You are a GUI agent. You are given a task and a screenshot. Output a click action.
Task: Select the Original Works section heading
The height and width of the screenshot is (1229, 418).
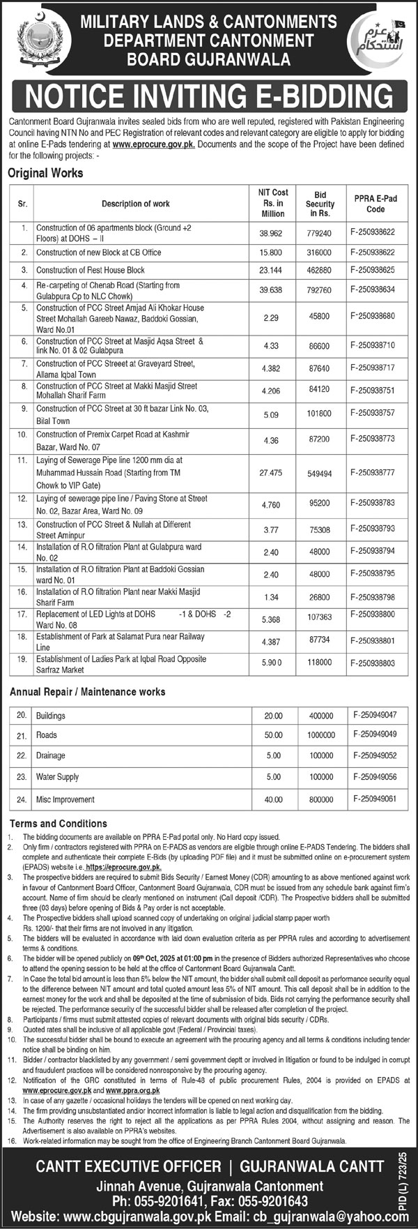tap(45, 173)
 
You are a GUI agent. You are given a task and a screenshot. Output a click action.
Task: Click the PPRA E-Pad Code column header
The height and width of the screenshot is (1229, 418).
tap(375, 204)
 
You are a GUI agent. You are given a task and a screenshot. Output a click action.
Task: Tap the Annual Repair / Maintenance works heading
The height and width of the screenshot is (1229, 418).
tap(87, 692)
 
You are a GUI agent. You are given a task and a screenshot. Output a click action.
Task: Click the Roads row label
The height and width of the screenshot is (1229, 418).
tap(47, 735)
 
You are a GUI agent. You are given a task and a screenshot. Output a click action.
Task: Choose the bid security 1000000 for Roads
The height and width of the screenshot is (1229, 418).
tap(321, 735)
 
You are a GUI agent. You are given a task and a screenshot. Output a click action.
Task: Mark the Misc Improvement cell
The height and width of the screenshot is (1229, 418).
tap(65, 799)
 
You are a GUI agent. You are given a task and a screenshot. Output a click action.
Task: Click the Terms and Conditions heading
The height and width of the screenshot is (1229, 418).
tap(58, 824)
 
